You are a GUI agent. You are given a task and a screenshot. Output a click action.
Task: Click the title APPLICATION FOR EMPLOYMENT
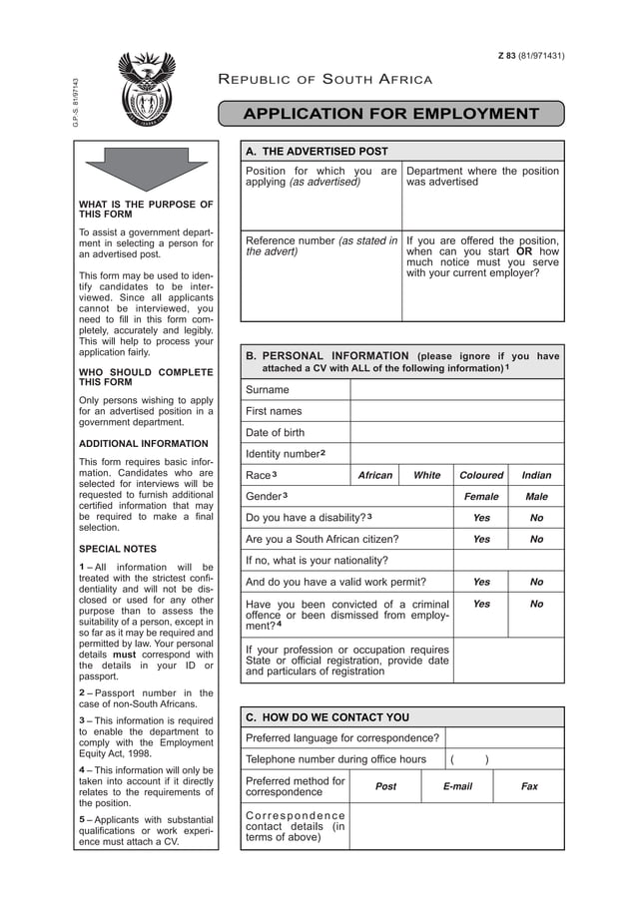(392, 114)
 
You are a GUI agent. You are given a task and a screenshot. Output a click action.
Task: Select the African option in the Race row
(375, 476)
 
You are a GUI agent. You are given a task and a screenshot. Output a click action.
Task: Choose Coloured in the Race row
(481, 476)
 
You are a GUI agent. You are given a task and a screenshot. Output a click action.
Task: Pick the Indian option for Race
(536, 476)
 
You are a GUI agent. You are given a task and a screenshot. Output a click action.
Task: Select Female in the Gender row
(481, 497)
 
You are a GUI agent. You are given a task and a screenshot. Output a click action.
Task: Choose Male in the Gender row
(536, 497)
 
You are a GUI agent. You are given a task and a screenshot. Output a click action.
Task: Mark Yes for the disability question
(481, 519)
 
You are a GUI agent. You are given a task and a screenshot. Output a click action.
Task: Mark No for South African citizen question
(536, 540)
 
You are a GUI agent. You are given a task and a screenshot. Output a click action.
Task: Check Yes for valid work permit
(481, 582)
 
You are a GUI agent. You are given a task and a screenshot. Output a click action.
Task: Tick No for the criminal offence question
(536, 604)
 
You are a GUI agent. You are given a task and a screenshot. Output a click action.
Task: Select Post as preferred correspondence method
(385, 786)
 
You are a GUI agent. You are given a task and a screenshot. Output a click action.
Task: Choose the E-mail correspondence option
(457, 786)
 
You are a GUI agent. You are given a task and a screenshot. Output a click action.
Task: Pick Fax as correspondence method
(529, 786)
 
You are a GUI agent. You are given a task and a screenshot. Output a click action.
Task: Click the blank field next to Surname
(456, 390)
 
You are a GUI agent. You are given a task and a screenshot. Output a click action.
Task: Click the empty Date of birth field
(456, 433)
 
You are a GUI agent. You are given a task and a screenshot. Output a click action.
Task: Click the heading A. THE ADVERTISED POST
(317, 152)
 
